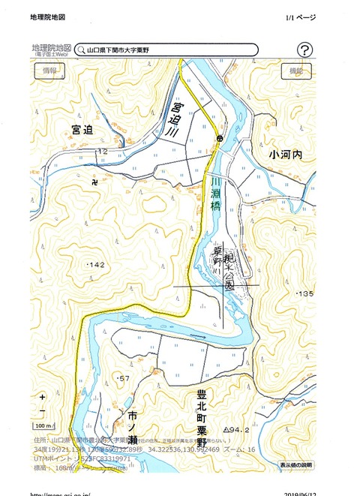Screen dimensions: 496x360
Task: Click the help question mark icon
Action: tap(304, 50)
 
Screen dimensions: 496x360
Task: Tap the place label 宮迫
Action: tap(82, 131)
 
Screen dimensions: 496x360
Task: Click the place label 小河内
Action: tap(284, 155)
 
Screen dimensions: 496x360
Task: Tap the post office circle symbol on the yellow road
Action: tap(220, 140)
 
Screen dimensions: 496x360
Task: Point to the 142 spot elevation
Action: tap(97, 266)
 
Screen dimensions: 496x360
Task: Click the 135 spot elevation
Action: tap(304, 293)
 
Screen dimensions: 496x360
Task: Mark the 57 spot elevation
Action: tap(124, 377)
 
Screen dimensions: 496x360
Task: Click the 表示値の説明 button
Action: tap(295, 465)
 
